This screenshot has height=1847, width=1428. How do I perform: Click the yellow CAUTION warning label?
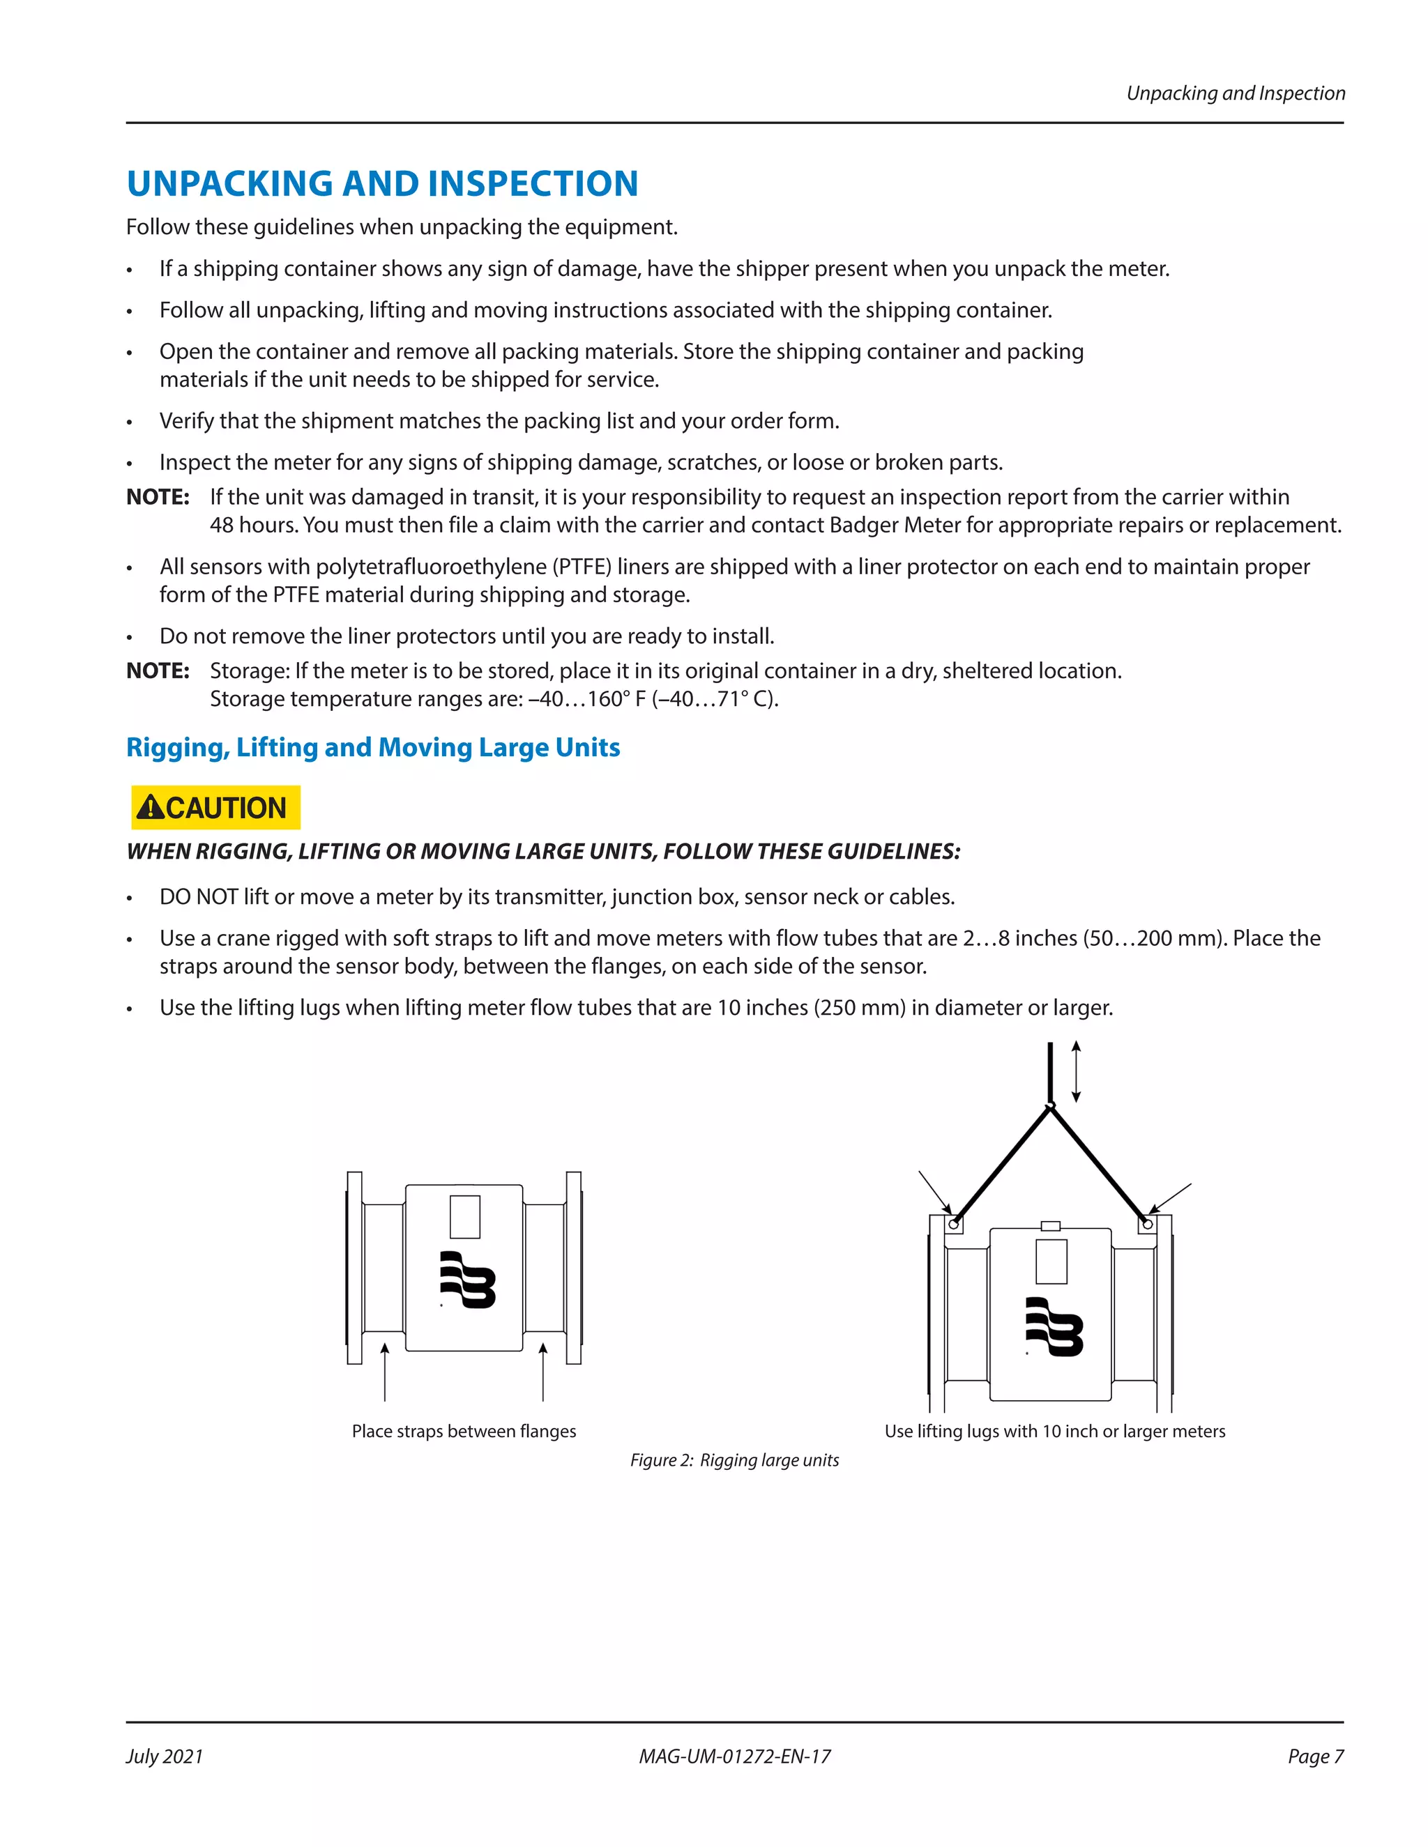point(215,807)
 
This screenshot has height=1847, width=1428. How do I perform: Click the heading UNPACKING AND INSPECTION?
point(381,183)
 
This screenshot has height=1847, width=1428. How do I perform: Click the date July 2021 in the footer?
point(165,1756)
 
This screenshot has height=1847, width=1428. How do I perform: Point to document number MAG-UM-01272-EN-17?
point(734,1756)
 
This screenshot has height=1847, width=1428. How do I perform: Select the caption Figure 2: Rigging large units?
point(734,1459)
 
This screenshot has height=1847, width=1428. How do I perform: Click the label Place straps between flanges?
point(464,1431)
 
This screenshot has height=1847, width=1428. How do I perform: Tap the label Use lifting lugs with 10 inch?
point(1054,1431)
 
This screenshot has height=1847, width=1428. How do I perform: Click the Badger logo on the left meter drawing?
point(467,1280)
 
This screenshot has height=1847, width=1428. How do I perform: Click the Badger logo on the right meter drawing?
point(1054,1326)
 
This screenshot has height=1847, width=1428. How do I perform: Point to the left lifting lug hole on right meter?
point(955,1224)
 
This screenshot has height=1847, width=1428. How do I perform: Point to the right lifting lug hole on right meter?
point(1147,1224)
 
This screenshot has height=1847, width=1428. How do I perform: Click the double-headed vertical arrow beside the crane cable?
point(1076,1071)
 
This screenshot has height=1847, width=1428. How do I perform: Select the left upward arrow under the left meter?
point(385,1370)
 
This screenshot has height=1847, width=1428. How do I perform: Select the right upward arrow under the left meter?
point(543,1370)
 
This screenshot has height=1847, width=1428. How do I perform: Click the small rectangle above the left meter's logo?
point(464,1216)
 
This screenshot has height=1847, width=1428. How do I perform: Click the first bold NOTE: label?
point(158,496)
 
